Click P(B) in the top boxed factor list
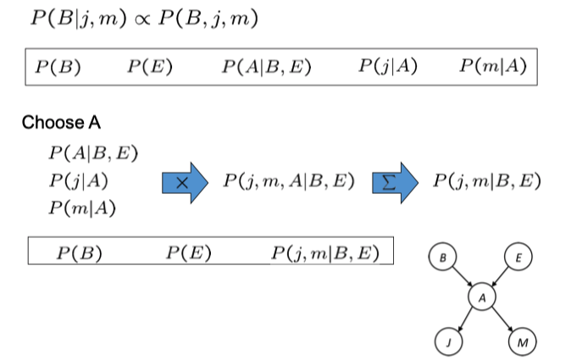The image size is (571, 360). pyautogui.click(x=59, y=67)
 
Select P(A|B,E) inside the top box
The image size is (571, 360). pyautogui.click(x=265, y=67)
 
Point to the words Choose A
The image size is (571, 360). pyautogui.click(x=61, y=123)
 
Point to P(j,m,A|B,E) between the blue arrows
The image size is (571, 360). pyautogui.click(x=288, y=181)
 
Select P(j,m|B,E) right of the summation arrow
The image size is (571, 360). pyautogui.click(x=485, y=181)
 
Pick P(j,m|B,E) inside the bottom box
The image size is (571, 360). pyautogui.click(x=325, y=252)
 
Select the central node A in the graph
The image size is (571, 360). pyautogui.click(x=481, y=297)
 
